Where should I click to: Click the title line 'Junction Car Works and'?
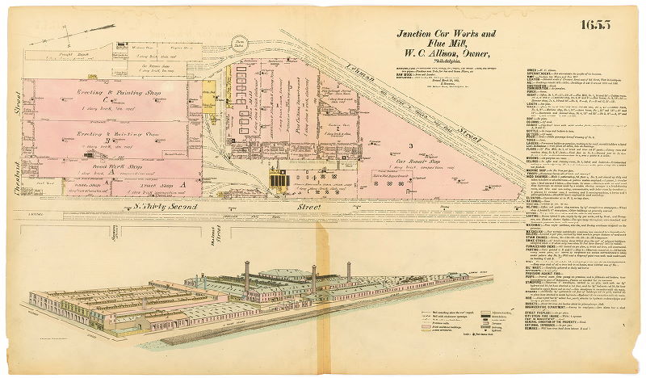coord(446,35)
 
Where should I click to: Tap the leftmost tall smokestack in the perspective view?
coord(246,278)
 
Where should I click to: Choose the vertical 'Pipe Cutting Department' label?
coord(308,121)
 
